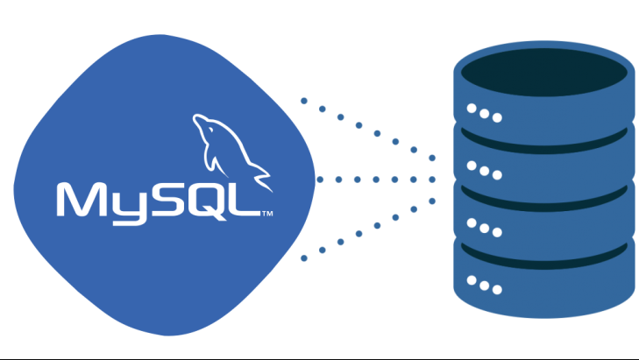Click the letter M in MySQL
(83, 200)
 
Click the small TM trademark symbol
(267, 213)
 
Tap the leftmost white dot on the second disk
(472, 165)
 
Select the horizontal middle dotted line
(368, 180)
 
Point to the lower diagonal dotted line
(368, 229)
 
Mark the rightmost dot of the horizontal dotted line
(433, 180)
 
